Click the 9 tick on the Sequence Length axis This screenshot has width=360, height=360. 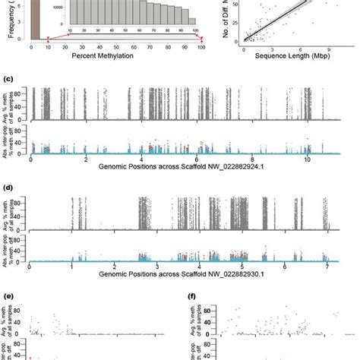(335, 48)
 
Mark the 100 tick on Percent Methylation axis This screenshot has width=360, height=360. (201, 49)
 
